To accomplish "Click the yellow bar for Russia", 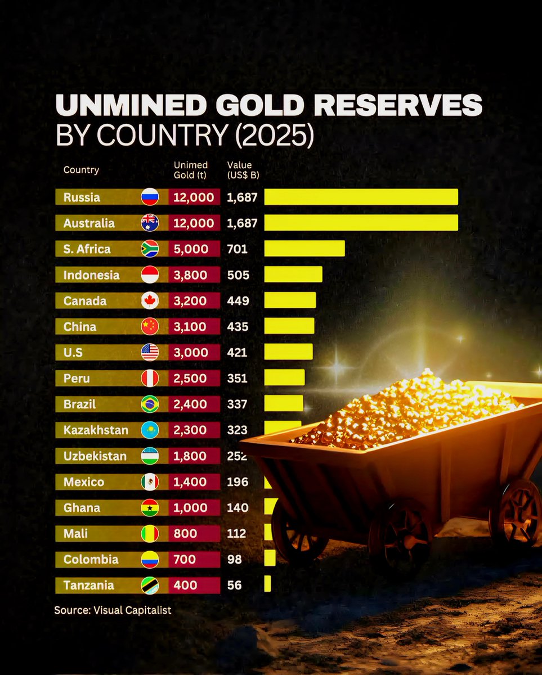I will coord(361,197).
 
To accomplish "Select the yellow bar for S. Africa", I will coord(304,249).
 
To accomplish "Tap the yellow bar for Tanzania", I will coord(267,584).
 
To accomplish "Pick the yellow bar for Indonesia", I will coord(293,274).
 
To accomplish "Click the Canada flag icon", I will coord(150,300).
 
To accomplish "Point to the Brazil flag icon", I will coord(150,404).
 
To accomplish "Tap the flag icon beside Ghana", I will coord(150,507).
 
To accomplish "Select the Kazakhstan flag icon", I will coord(150,430).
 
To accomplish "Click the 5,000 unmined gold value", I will coord(191,249).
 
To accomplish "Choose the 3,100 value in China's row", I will coord(191,326).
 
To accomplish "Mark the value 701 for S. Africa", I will coord(237,249).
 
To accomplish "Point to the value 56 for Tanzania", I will coord(234,585).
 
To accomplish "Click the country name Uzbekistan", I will coord(95,456).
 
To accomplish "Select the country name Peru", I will coord(77,378).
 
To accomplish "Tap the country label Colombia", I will coord(91,559).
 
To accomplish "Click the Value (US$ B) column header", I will coord(243,170).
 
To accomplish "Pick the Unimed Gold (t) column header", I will coord(191,170).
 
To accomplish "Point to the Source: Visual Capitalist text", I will coord(113,610).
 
